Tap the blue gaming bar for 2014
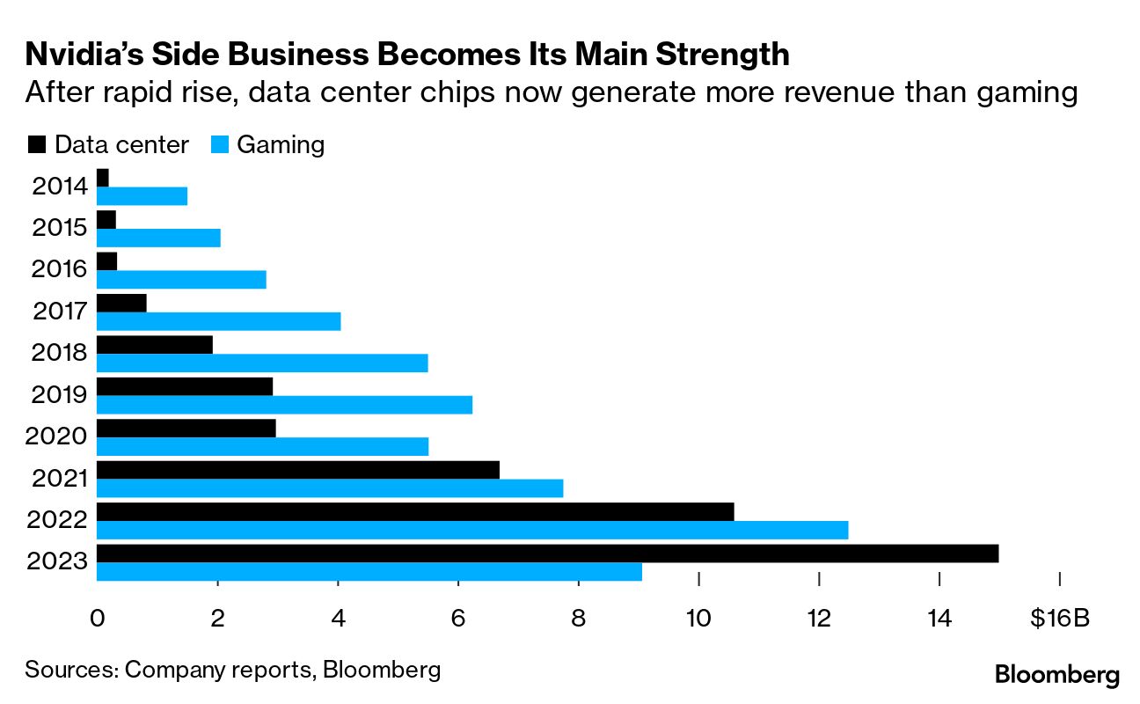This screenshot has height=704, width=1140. tap(142, 196)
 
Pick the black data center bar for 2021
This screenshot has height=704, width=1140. tap(298, 470)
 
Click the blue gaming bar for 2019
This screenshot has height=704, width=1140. tap(284, 405)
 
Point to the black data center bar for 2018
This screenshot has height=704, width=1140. tap(155, 344)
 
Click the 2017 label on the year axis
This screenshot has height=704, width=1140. tap(60, 311)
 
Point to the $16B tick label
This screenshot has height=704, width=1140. tap(1060, 618)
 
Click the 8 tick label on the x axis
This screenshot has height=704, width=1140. tap(578, 618)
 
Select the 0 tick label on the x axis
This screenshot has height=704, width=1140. tap(97, 618)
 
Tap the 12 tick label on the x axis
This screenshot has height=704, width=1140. tap(819, 618)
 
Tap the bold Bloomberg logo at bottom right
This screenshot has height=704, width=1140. tap(1057, 675)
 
